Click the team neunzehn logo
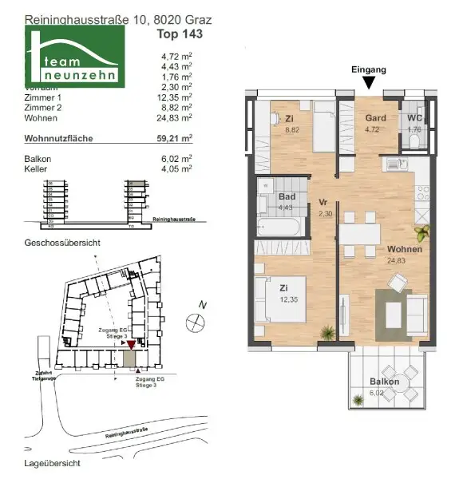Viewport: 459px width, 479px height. [75, 57]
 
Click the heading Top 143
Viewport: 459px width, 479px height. [180, 34]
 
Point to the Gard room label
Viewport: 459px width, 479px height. [375, 118]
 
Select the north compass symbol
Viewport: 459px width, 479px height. [194, 322]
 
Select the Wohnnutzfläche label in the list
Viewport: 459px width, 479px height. [59, 138]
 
